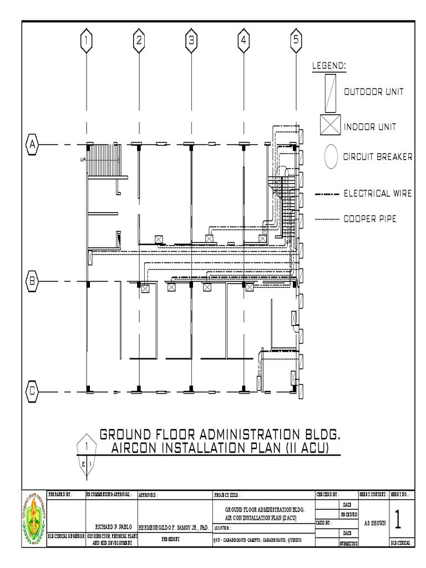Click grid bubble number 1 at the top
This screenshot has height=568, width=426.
point(86,40)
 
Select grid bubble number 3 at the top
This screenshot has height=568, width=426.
point(191,40)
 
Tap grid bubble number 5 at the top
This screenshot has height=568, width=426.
point(296,40)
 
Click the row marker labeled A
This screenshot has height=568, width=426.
point(32,144)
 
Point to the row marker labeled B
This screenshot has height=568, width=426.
point(32,281)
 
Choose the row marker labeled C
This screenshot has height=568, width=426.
point(32,390)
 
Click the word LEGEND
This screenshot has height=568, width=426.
point(329,65)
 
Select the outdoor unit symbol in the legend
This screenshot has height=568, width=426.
point(330,93)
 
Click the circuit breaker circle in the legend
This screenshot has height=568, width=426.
point(331,156)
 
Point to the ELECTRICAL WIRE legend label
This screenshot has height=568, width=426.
point(377,194)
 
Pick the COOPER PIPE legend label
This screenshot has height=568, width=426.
point(370,219)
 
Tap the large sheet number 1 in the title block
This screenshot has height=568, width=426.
point(398,519)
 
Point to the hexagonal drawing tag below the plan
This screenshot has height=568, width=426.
point(87,452)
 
